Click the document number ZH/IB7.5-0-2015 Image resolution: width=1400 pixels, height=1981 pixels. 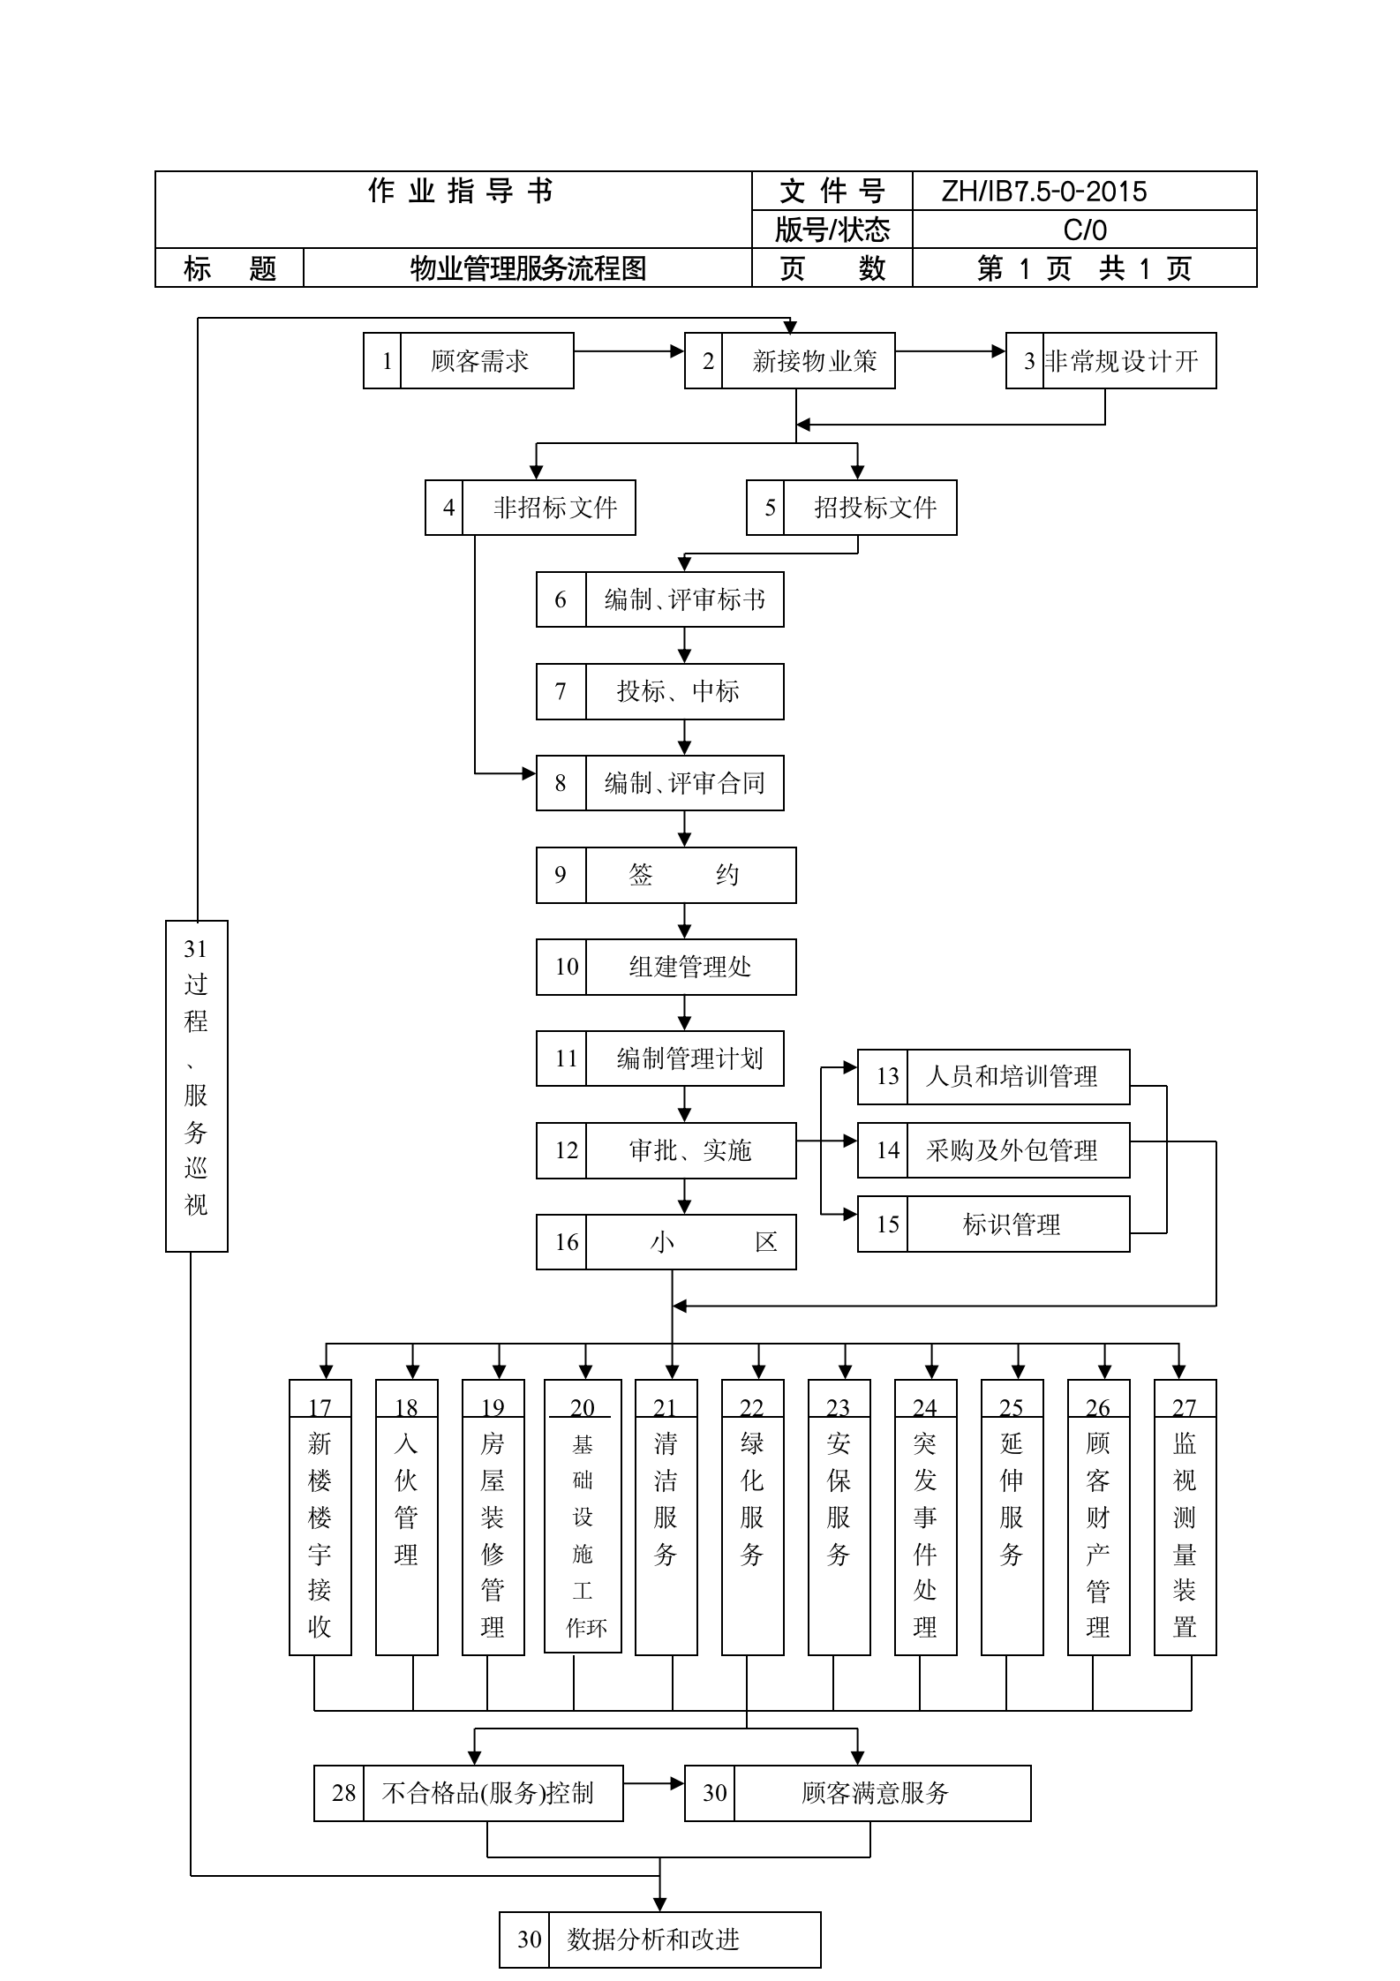pos(1043,192)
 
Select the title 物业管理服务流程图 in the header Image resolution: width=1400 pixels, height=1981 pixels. pos(528,268)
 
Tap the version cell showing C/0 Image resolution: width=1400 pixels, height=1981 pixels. pos(1084,230)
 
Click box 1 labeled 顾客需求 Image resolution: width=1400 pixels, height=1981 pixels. pos(469,361)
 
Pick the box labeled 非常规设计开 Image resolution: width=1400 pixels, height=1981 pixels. pos(1110,361)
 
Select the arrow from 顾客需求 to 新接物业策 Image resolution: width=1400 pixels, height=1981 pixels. pos(628,351)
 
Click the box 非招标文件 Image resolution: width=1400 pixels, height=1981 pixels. pos(530,508)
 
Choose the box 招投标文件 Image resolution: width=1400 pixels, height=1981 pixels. pos(851,508)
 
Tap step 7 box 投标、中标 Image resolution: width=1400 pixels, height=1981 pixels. pos(659,691)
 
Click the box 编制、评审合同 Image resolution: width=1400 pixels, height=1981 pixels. pos(659,783)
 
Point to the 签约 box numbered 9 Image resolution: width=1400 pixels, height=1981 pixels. pos(666,875)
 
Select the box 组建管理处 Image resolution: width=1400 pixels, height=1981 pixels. pos(666,967)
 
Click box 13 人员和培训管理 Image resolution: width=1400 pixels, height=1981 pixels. pos(993,1076)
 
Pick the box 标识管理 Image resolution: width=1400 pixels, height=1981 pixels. pos(993,1224)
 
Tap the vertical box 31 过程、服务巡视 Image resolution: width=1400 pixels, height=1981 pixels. pos(196,1085)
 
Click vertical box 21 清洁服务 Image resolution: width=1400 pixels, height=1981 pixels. pos(666,1517)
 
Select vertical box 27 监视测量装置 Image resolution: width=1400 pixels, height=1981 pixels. pos(1185,1517)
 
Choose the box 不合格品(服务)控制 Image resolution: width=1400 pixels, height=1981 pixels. pos(468,1793)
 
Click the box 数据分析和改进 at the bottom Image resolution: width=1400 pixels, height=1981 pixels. pos(659,1940)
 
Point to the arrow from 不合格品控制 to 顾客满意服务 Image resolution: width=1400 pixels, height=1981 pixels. pos(653,1783)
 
